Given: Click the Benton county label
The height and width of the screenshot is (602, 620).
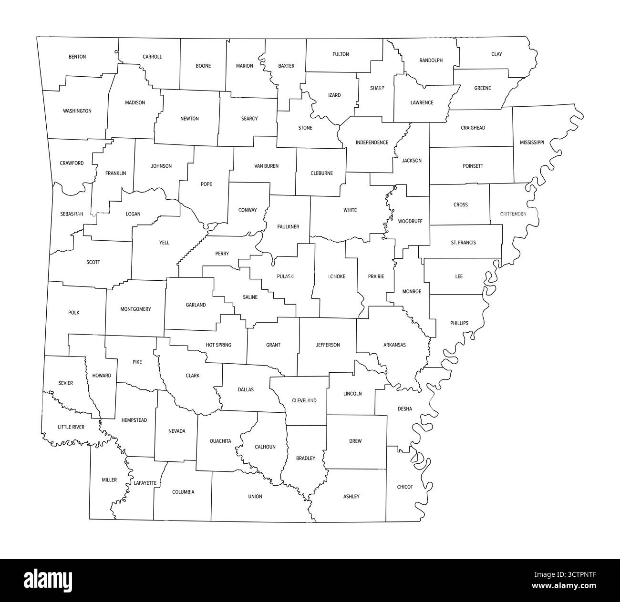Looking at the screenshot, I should (x=77, y=57).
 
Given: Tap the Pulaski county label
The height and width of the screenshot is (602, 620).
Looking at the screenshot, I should (x=286, y=276).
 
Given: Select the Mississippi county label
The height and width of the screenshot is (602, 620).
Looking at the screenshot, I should (x=532, y=143).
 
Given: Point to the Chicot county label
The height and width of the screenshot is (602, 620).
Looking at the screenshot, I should (x=405, y=487).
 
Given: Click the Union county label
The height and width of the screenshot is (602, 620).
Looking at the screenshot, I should (x=255, y=497).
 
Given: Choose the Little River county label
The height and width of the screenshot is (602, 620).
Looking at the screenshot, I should (x=71, y=427).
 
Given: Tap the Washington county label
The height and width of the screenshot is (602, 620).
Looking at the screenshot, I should (x=77, y=111).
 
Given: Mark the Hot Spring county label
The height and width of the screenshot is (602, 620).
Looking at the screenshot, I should (x=218, y=345).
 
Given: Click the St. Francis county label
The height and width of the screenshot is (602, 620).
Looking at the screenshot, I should (x=463, y=243).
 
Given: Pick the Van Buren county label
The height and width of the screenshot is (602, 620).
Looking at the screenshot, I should (x=267, y=166).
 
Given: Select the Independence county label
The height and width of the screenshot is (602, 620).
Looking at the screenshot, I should (x=372, y=143).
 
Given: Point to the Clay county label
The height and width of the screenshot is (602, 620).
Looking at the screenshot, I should (x=496, y=54).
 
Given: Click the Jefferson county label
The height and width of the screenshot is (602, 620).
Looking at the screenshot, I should (x=328, y=345).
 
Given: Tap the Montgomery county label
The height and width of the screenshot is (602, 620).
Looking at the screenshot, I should (x=135, y=309).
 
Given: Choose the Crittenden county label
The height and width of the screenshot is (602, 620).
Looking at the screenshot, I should (x=513, y=214).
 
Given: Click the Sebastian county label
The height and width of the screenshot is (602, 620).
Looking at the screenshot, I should (x=72, y=214).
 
